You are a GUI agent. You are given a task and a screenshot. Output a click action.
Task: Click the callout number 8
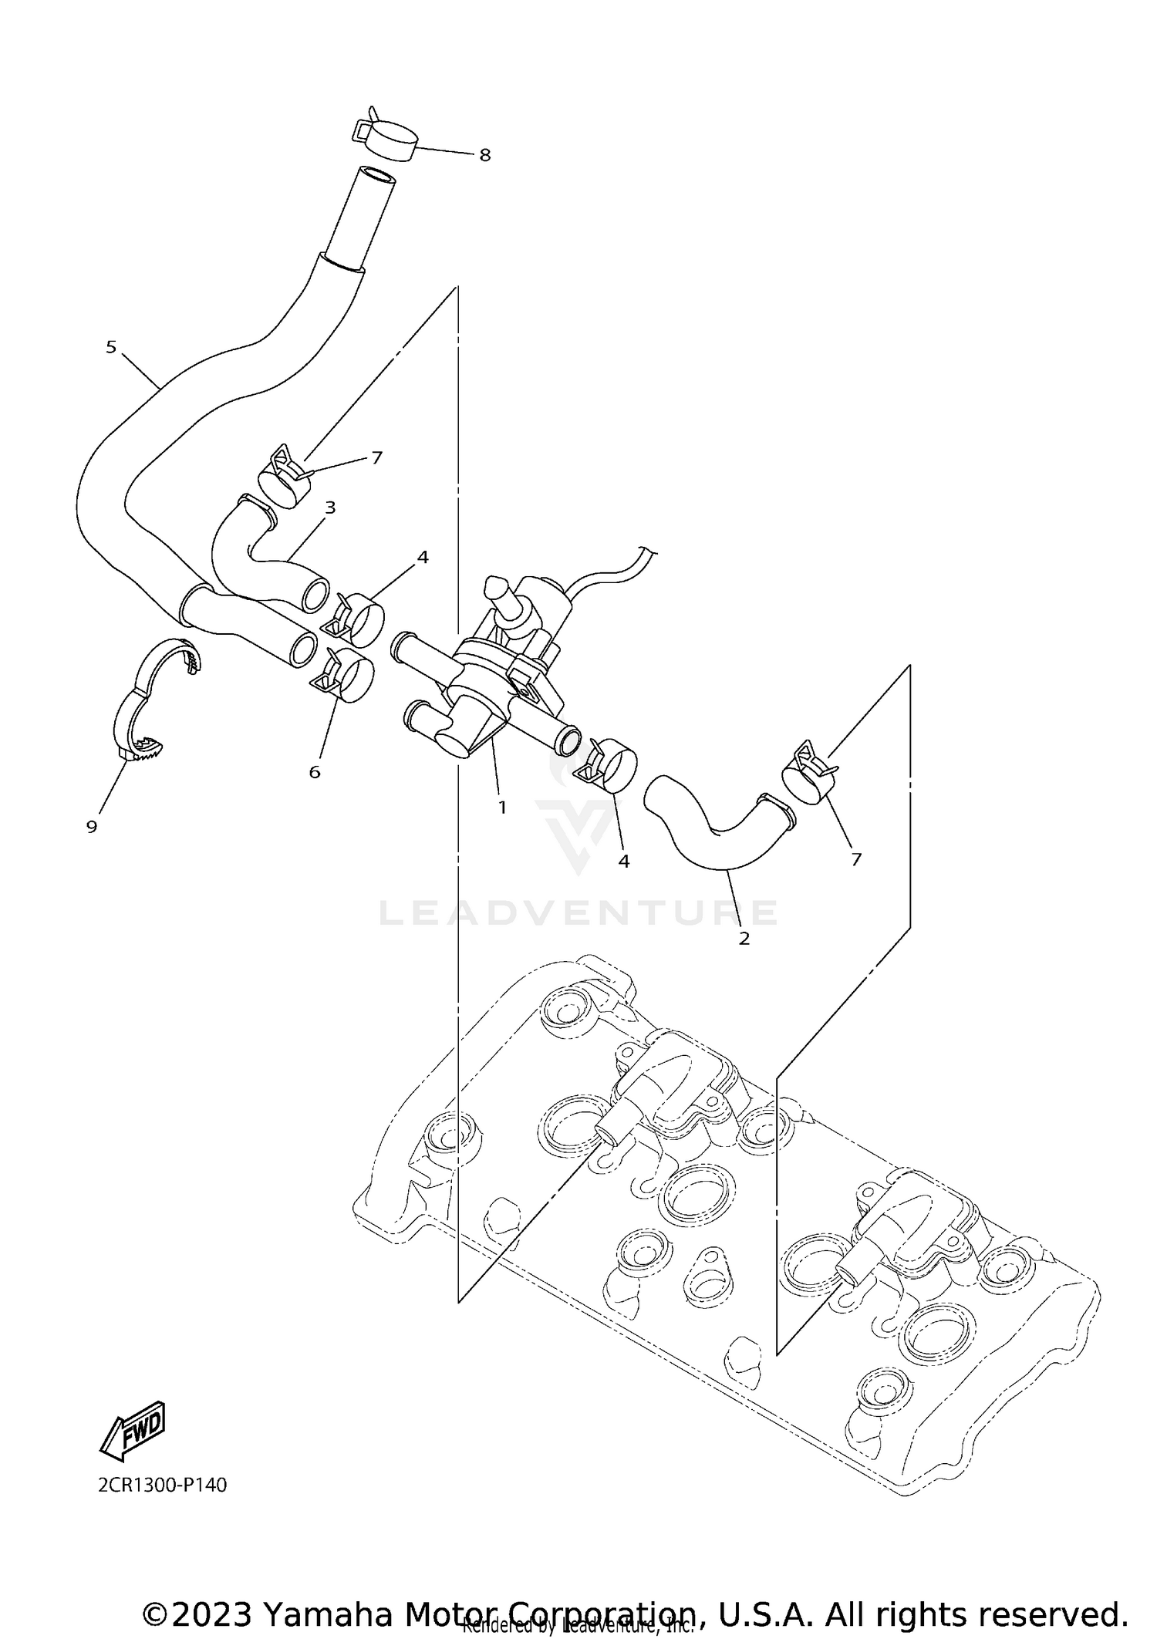pyautogui.click(x=484, y=155)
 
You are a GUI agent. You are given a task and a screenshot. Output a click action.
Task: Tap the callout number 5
pyautogui.click(x=111, y=347)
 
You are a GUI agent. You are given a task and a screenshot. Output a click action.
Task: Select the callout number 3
pyautogui.click(x=330, y=508)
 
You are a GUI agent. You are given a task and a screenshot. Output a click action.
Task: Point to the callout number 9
pyautogui.click(x=92, y=827)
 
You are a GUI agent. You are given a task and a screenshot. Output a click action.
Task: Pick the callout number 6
pyautogui.click(x=315, y=772)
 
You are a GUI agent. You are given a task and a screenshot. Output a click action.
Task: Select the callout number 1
pyautogui.click(x=502, y=808)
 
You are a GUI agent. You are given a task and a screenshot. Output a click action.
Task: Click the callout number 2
pyautogui.click(x=744, y=939)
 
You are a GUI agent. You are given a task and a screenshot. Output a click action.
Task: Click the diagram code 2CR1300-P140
pyautogui.click(x=163, y=1485)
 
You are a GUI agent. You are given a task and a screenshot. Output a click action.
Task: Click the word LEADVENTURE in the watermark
pyautogui.click(x=578, y=913)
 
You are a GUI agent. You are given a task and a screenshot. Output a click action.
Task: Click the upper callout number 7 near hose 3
pyautogui.click(x=376, y=457)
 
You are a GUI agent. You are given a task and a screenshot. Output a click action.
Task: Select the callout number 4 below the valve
pyautogui.click(x=623, y=861)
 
